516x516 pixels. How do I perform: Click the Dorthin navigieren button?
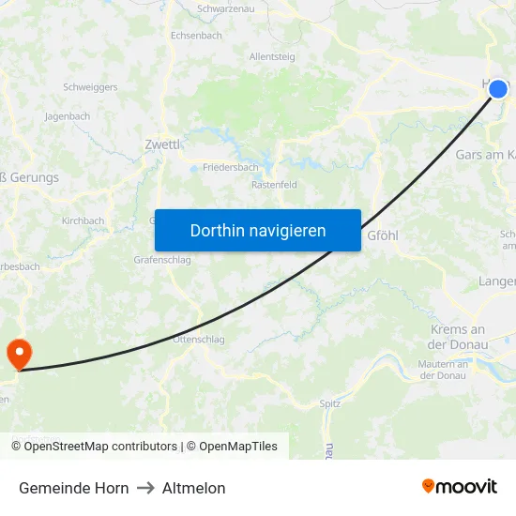click(258, 230)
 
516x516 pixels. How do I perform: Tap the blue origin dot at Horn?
click(498, 88)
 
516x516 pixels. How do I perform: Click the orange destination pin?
click(18, 353)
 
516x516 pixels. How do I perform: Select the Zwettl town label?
click(162, 144)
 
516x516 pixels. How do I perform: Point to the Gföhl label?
click(383, 235)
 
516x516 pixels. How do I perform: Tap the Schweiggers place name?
click(89, 86)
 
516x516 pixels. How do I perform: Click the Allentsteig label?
click(272, 56)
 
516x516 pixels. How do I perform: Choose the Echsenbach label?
click(196, 35)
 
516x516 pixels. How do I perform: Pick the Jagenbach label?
click(68, 116)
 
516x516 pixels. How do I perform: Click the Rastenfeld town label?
click(274, 185)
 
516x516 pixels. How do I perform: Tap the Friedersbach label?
click(231, 168)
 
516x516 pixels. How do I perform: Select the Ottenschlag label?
click(199, 340)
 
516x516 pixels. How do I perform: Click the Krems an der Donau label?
click(458, 337)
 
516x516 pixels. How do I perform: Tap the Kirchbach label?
click(83, 221)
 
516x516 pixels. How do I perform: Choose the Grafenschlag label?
click(162, 260)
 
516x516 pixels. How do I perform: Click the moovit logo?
click(460, 487)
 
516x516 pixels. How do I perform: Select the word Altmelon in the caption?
click(194, 488)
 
